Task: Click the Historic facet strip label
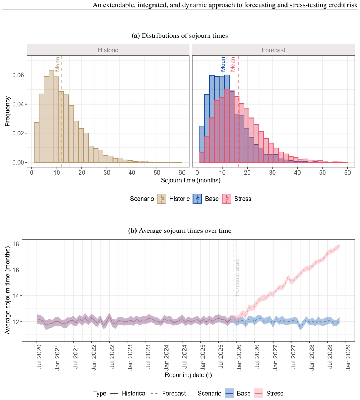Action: (x=108, y=50)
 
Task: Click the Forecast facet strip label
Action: (x=274, y=50)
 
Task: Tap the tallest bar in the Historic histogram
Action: (x=51, y=116)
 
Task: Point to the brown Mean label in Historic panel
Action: (x=57, y=64)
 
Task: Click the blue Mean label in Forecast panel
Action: (x=223, y=64)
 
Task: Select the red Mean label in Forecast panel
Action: (x=232, y=64)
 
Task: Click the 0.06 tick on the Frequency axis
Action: (x=18, y=75)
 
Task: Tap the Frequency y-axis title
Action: (x=8, y=111)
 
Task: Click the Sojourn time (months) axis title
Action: (x=191, y=180)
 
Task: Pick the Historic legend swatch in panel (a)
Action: (x=162, y=199)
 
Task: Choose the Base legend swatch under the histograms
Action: (x=197, y=199)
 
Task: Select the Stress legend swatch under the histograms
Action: (x=227, y=199)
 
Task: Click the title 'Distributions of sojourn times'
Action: (x=185, y=36)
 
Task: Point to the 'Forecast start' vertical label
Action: (x=237, y=277)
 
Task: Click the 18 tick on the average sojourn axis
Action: (x=16, y=244)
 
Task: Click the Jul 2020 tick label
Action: (x=39, y=357)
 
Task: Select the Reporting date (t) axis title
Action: (x=188, y=375)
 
